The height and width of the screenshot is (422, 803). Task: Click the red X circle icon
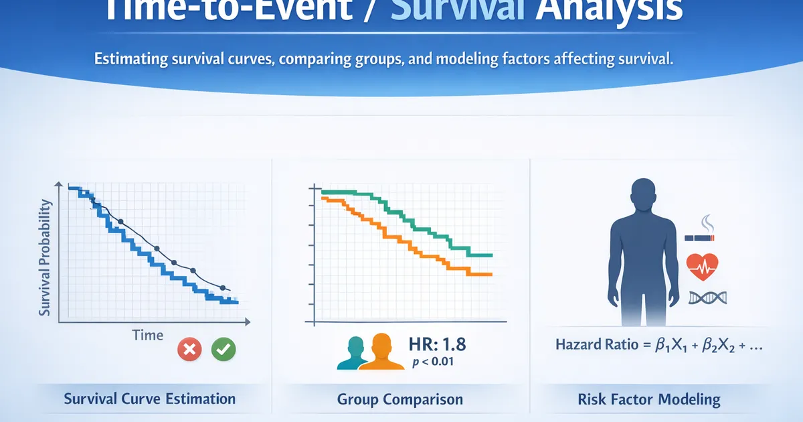point(189,349)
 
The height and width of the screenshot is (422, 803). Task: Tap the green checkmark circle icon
point(224,349)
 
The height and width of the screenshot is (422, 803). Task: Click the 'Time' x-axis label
point(148,335)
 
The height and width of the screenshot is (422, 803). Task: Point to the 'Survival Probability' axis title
point(44,258)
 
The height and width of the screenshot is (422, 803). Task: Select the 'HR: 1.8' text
point(438,344)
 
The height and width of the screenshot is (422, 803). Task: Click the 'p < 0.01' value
point(433,361)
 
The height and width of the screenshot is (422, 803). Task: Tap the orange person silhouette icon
point(381,352)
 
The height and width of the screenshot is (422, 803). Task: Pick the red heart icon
point(702,267)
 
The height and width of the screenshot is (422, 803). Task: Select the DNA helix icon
point(708,298)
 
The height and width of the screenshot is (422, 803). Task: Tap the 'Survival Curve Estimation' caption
point(150,399)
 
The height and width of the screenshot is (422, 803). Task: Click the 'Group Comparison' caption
point(400,399)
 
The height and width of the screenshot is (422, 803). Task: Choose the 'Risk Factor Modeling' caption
point(649,399)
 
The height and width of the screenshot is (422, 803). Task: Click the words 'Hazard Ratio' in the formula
point(597,344)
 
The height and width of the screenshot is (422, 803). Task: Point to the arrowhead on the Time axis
point(248,322)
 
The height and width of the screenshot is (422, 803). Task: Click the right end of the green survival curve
point(492,255)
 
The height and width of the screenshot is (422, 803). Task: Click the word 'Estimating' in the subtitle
point(131,59)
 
